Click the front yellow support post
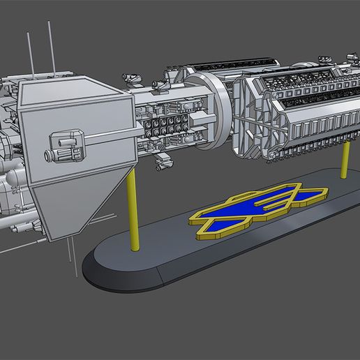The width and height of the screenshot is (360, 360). click(134, 210)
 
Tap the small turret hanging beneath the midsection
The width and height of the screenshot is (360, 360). click(165, 161)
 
